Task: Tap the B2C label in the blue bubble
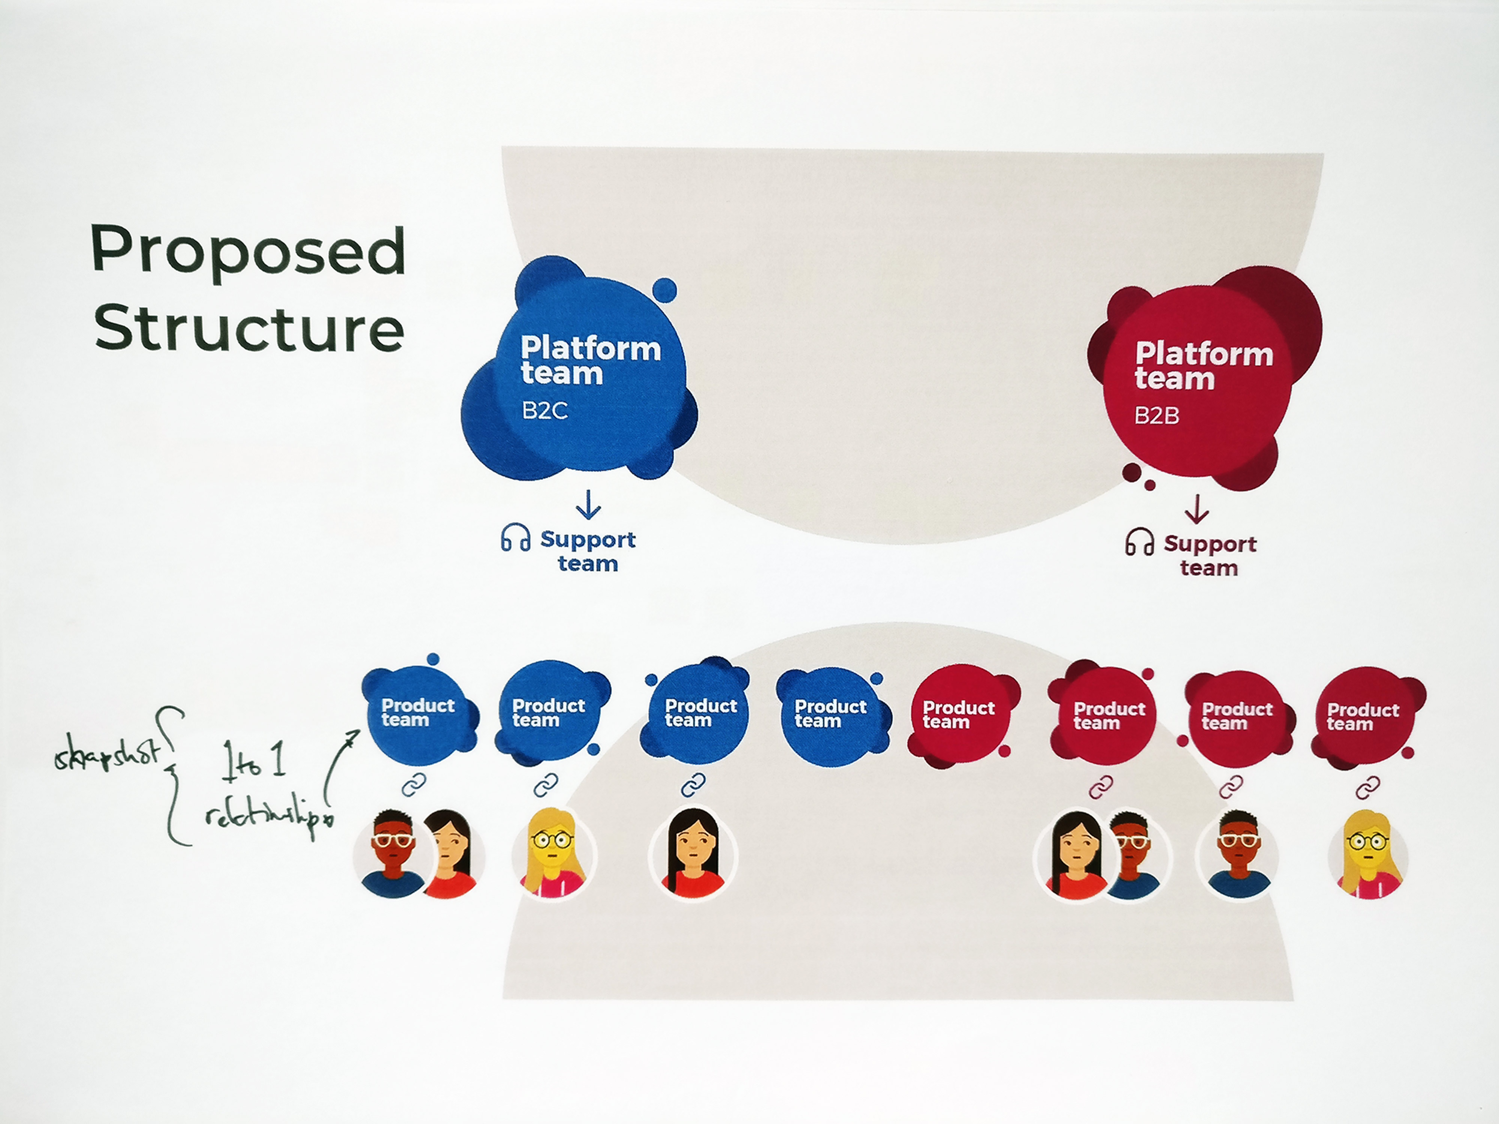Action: [544, 411]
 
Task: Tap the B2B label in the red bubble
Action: [1157, 415]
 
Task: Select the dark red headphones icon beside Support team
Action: [1139, 543]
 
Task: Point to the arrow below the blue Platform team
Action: [588, 505]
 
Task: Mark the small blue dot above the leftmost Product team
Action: [433, 659]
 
